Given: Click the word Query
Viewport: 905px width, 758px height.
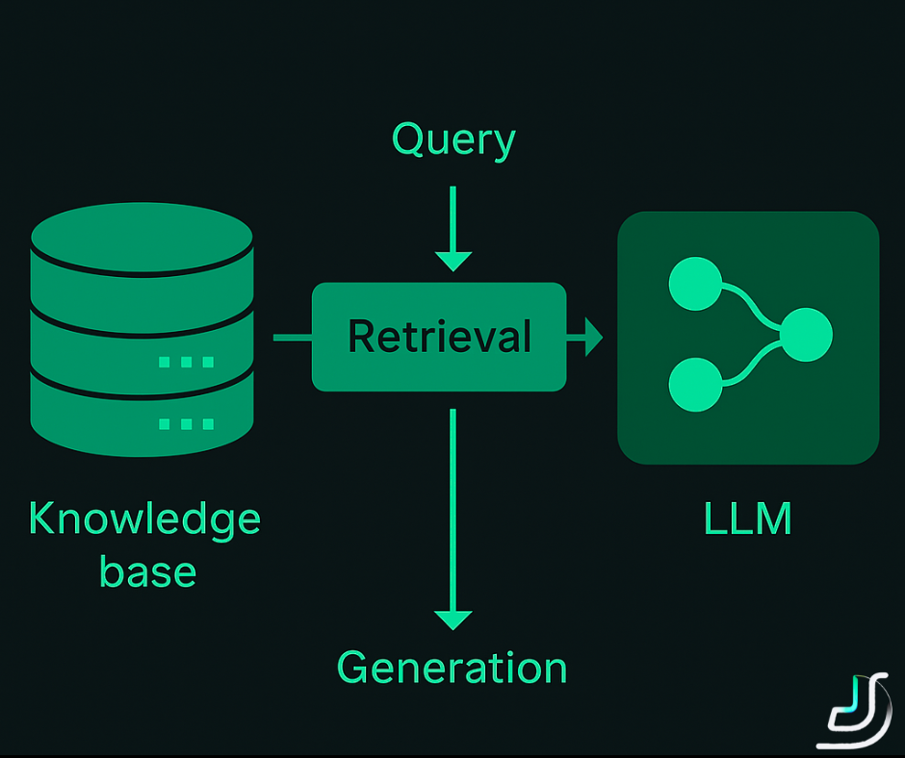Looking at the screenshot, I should coord(453,141).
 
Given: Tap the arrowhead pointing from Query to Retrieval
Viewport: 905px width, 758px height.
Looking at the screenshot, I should coord(453,260).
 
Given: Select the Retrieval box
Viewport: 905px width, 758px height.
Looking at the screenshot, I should coord(439,337).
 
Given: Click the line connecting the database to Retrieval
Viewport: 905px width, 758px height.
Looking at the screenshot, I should coord(293,338).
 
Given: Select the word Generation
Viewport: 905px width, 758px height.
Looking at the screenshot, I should coord(452,668).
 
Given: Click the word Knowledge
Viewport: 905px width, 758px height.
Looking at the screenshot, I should coord(144,519).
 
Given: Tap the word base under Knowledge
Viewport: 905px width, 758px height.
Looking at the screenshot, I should coord(147,571).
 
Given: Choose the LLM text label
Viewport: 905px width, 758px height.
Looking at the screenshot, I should coord(748,519).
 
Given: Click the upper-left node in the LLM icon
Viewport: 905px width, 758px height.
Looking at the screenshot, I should coord(694,285).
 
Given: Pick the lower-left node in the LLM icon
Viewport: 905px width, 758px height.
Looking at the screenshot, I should coord(694,384).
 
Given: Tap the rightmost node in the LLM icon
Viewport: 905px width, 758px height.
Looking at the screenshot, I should coord(805,335).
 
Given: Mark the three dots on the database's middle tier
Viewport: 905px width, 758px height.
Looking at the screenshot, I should coord(186,362).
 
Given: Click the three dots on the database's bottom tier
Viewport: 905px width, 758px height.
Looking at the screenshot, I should coord(186,423).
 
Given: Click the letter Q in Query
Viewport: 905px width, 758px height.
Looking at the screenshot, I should coord(408,140).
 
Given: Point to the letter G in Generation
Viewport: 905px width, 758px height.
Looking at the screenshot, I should coord(354,668).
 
